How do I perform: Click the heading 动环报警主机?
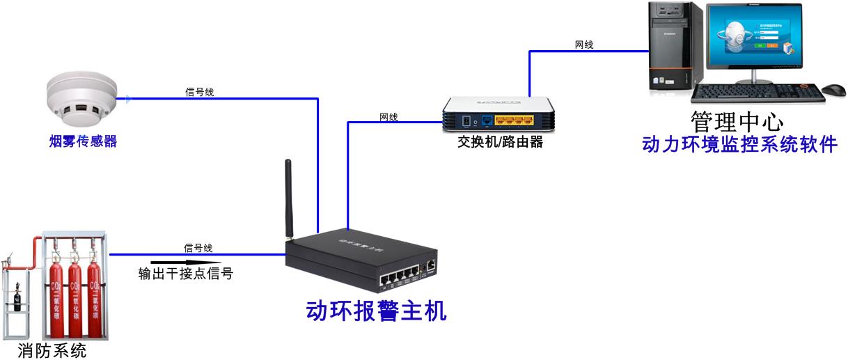click(376, 311)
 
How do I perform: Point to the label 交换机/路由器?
click(500, 142)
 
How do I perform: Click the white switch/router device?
click(501, 114)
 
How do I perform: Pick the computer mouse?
click(833, 90)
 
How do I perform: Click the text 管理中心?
click(737, 123)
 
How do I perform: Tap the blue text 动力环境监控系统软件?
click(739, 145)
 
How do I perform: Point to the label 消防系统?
click(52, 350)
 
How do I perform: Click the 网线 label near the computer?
click(584, 45)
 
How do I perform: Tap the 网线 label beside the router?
click(388, 116)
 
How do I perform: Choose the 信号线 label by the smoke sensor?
click(199, 91)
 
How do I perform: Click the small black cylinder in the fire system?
click(18, 300)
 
